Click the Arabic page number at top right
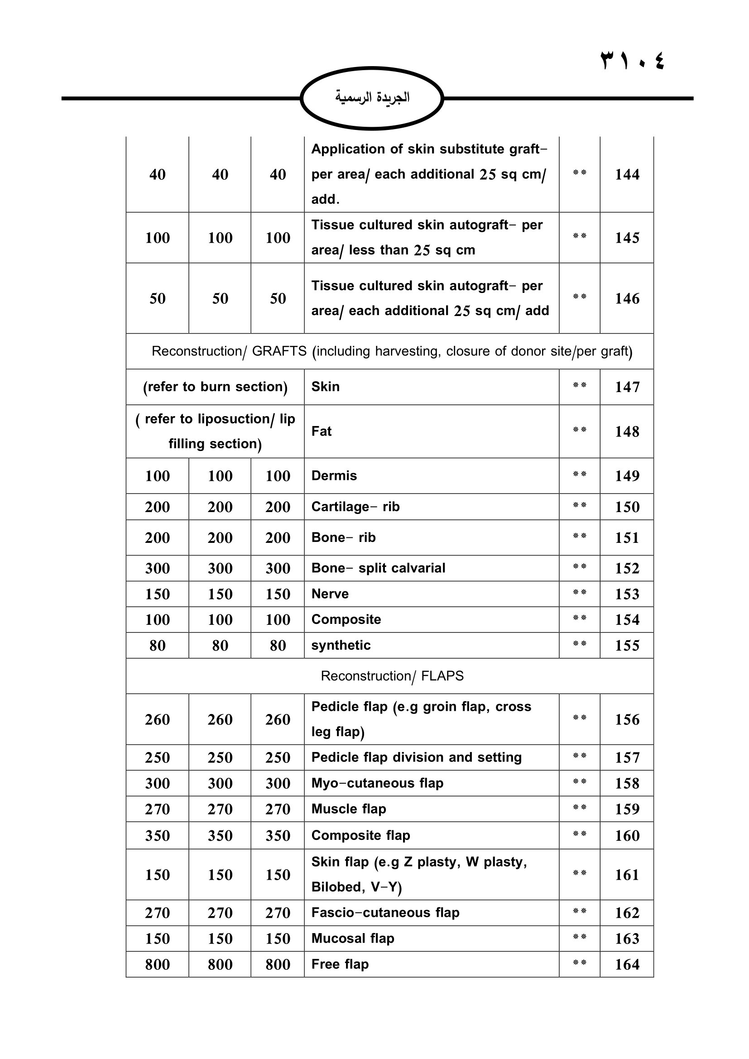click(x=632, y=60)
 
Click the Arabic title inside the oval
click(x=372, y=97)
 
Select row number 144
click(x=627, y=174)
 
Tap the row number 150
click(x=627, y=507)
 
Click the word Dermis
click(x=334, y=475)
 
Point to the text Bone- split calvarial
click(x=378, y=568)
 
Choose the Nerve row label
click(x=330, y=594)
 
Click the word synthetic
click(x=341, y=645)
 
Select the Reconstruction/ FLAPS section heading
click(x=392, y=676)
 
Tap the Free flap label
click(x=340, y=964)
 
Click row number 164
click(x=627, y=964)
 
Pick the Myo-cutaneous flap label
click(x=377, y=783)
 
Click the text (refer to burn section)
click(x=215, y=387)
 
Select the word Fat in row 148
click(x=322, y=431)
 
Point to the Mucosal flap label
click(x=353, y=938)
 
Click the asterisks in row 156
click(x=579, y=718)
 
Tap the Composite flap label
click(x=360, y=835)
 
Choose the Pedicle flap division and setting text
click(x=417, y=757)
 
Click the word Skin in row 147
click(x=325, y=387)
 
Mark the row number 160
click(x=627, y=836)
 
